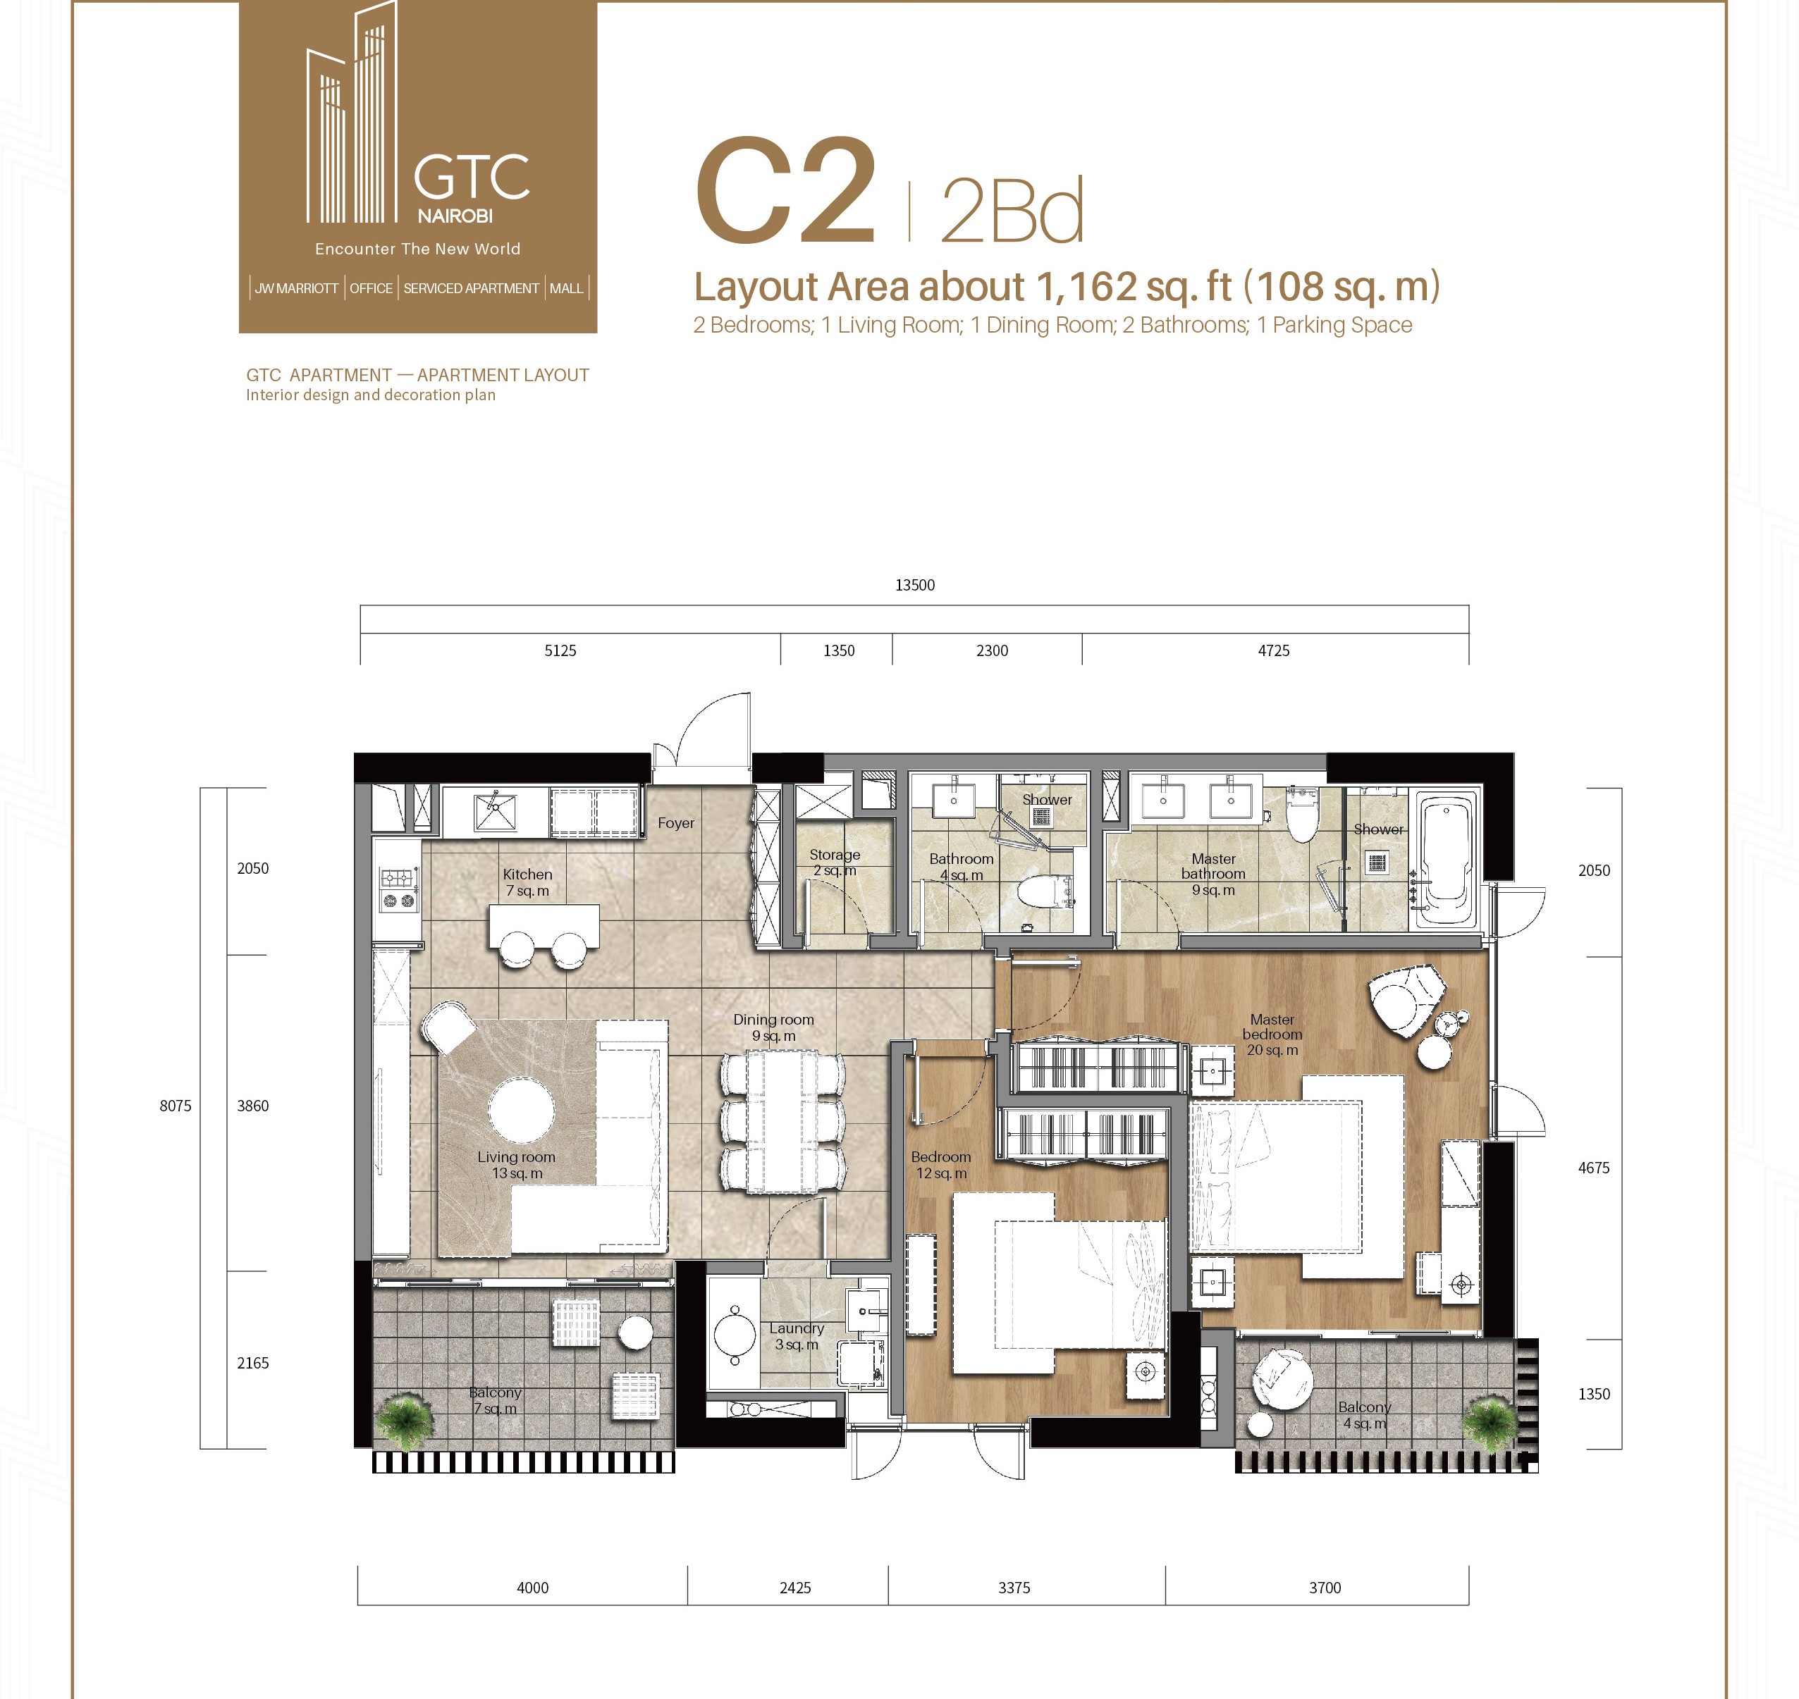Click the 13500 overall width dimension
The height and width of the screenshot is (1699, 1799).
point(914,585)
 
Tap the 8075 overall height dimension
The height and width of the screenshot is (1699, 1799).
point(176,1106)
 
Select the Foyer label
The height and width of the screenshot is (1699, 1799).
point(676,823)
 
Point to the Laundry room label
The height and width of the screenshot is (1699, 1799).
point(797,1336)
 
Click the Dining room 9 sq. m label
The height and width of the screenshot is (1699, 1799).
point(773,1027)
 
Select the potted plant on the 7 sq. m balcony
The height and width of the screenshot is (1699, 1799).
point(405,1420)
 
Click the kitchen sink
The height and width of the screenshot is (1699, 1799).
point(495,812)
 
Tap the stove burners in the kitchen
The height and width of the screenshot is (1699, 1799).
point(398,889)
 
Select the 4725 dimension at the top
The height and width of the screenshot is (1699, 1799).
point(1274,650)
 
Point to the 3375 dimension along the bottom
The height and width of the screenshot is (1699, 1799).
point(1014,1588)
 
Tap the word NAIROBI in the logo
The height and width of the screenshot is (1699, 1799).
point(455,216)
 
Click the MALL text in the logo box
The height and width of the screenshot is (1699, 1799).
point(566,288)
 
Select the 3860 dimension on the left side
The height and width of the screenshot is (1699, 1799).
point(253,1106)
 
